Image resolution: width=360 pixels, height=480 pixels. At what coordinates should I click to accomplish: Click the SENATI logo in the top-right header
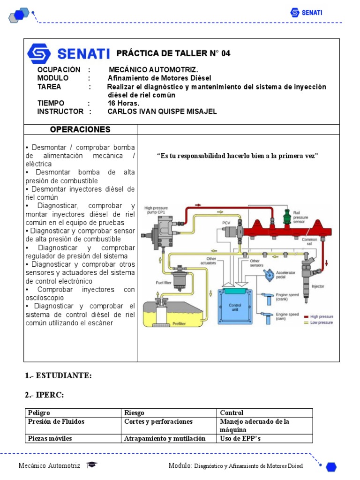[306, 13]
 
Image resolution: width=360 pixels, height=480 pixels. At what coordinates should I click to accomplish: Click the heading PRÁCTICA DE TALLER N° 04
[173, 53]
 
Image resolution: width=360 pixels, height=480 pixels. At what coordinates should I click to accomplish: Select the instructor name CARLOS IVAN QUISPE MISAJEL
[162, 112]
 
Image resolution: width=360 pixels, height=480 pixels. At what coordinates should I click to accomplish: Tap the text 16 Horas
[123, 103]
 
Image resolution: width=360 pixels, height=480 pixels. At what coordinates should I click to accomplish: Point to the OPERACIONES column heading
[80, 129]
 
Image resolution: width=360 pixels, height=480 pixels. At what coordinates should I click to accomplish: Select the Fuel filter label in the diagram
[164, 283]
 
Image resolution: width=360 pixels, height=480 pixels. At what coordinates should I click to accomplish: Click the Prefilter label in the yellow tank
[179, 323]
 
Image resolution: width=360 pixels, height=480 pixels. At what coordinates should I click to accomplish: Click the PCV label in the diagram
[226, 222]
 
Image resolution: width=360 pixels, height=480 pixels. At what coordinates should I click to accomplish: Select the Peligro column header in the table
[39, 413]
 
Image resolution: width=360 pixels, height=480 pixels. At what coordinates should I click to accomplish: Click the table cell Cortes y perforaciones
[158, 421]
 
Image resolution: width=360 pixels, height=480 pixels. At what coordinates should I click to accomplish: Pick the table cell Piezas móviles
[50, 439]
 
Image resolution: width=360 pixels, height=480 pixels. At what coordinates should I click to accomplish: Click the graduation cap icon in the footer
[91, 465]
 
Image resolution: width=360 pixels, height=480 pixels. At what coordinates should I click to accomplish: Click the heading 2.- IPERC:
[45, 395]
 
